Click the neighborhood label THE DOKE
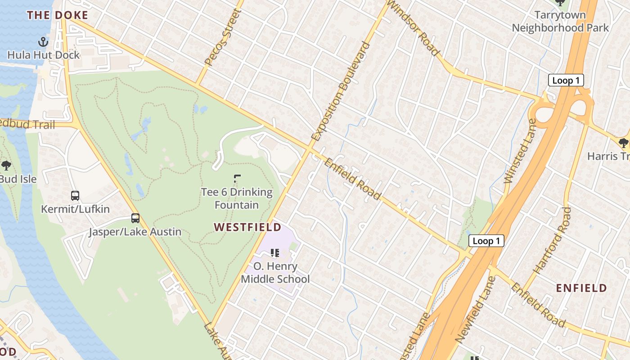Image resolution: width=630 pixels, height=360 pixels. click(57, 15)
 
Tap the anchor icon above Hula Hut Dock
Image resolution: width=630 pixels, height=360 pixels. click(43, 42)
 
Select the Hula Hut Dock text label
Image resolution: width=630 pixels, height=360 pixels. click(43, 55)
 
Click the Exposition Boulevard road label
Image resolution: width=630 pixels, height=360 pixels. click(340, 91)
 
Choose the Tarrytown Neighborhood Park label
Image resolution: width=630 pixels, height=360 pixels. click(560, 21)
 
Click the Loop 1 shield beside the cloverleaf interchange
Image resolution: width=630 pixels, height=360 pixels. click(566, 81)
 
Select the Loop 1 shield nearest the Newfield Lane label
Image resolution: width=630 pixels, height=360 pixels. click(486, 241)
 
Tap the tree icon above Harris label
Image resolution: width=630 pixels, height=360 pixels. click(623, 143)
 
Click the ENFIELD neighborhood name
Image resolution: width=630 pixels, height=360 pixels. click(581, 288)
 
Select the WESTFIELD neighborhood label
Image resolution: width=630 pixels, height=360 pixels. click(247, 227)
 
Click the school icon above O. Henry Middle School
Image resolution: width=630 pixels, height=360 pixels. click(275, 253)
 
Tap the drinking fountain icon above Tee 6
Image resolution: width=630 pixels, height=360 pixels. click(237, 179)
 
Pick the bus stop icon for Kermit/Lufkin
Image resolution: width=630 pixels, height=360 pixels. click(75, 196)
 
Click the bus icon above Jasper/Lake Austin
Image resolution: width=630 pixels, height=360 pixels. click(135, 218)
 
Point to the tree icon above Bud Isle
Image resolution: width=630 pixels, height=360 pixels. click(6, 165)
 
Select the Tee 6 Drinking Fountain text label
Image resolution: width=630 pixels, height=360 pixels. click(237, 198)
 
